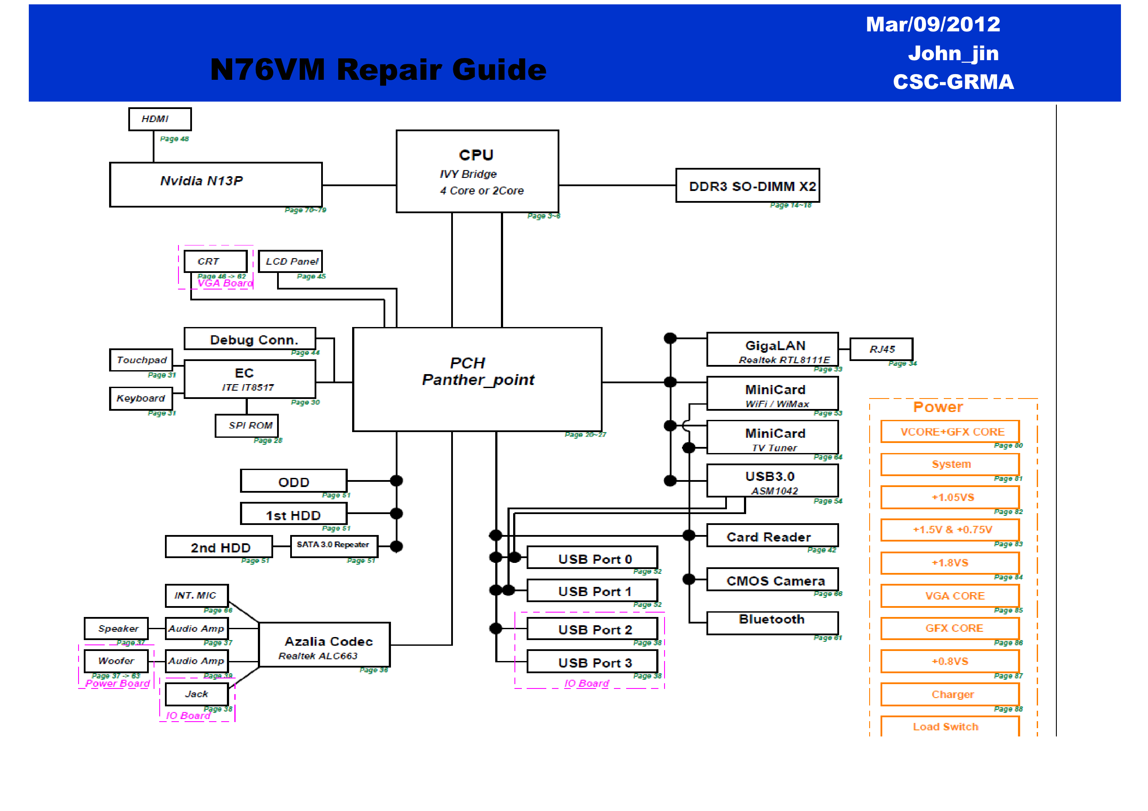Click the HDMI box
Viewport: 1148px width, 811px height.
(x=160, y=119)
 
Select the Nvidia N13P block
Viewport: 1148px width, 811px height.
(x=216, y=184)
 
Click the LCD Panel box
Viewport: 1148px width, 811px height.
(x=291, y=261)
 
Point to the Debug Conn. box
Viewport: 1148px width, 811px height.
(x=250, y=339)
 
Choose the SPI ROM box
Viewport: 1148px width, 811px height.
(x=247, y=425)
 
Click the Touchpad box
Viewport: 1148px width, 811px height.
(x=141, y=360)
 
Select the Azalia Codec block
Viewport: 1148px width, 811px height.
(x=324, y=644)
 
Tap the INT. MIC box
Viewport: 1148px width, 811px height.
(x=196, y=595)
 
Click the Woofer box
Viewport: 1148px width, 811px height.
(x=116, y=661)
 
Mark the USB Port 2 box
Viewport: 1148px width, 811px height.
(x=592, y=629)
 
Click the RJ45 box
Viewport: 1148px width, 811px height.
(x=881, y=349)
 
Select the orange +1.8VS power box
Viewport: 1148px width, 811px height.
(x=949, y=562)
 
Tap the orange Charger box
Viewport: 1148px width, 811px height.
(x=949, y=694)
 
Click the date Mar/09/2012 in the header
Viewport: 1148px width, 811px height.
(x=932, y=24)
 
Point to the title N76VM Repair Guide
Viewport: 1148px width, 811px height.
(x=378, y=69)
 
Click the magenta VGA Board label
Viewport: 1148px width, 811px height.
(x=225, y=283)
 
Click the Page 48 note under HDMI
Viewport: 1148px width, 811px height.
(x=174, y=139)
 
